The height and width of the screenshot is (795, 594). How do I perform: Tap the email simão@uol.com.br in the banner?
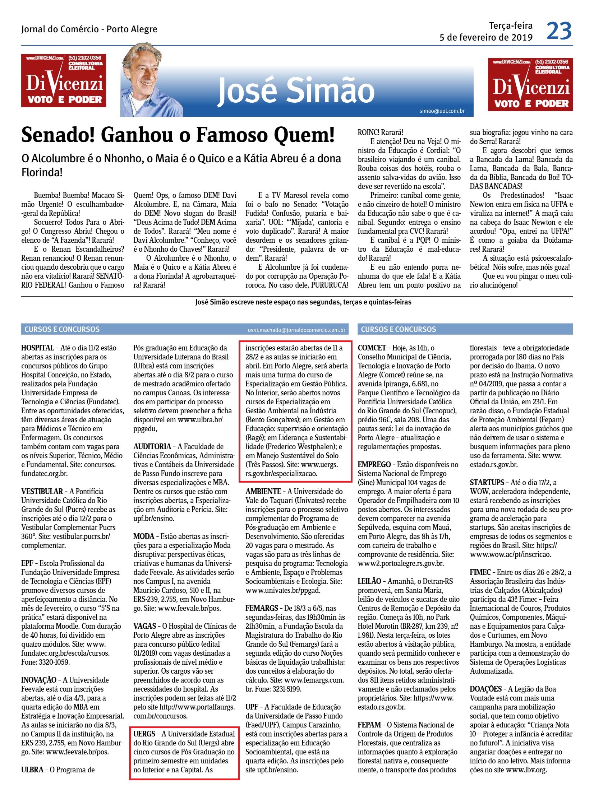tap(442, 111)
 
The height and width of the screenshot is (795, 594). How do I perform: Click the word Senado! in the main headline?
tap(57, 135)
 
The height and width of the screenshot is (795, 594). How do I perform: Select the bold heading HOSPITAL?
tap(37, 348)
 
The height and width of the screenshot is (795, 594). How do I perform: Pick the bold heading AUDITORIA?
tap(152, 447)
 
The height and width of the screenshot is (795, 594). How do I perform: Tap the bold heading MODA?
tap(144, 536)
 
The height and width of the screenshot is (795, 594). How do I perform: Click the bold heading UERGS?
tap(144, 734)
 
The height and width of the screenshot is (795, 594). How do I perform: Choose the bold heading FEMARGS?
tap(262, 608)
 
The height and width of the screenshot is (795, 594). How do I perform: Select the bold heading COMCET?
tap(372, 348)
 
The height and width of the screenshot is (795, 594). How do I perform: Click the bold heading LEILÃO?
tap(369, 581)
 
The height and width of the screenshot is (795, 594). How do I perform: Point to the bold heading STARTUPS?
tap(487, 483)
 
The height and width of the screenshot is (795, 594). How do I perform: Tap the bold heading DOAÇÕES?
tap(485, 689)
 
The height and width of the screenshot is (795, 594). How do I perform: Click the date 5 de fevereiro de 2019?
tap(486, 38)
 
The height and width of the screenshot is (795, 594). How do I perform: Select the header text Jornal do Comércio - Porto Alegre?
tap(89, 29)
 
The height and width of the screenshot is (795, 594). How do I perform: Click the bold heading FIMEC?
tap(480, 572)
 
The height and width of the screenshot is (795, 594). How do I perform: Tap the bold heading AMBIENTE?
tap(263, 492)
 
